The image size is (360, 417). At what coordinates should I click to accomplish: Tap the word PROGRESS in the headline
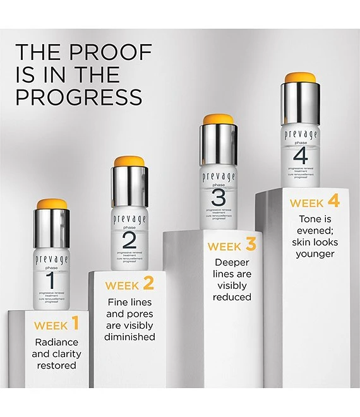(x=79, y=97)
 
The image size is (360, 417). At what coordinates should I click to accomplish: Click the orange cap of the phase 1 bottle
(x=52, y=205)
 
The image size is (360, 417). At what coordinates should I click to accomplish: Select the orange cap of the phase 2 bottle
(x=130, y=162)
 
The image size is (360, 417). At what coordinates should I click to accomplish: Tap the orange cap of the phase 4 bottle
(x=300, y=78)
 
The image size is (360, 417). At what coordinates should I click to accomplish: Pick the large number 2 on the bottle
(x=129, y=240)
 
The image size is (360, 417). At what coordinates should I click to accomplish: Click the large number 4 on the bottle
(x=301, y=154)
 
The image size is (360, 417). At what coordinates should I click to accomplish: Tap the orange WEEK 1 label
(x=56, y=325)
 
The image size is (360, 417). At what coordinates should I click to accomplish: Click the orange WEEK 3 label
(x=232, y=245)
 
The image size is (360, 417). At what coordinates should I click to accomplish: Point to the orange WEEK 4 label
(x=315, y=202)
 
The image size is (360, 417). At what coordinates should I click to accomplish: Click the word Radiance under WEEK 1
(x=56, y=342)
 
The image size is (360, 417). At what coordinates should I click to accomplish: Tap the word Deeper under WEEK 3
(x=232, y=262)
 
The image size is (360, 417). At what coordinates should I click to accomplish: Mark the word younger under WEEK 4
(x=315, y=254)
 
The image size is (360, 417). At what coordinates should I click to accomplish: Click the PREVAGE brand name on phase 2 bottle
(x=129, y=218)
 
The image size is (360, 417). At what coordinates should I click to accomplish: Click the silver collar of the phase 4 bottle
(x=300, y=103)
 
